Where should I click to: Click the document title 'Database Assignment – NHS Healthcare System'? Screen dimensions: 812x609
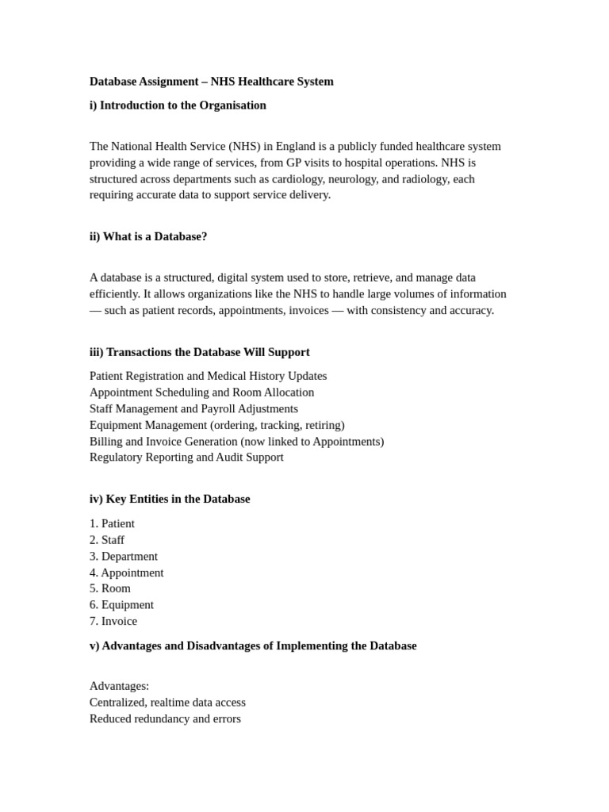coord(211,82)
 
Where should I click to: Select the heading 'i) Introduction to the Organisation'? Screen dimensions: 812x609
coord(178,105)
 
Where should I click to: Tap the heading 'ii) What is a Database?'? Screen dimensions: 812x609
coord(148,236)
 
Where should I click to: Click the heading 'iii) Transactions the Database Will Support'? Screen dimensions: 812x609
coord(199,352)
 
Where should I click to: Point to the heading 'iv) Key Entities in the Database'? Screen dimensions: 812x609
coord(170,499)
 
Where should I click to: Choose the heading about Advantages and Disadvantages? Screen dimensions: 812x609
coord(253,645)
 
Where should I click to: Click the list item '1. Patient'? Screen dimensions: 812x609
coord(112,523)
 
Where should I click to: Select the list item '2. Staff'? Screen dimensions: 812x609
coord(107,540)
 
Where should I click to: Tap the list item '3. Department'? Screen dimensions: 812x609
coord(124,557)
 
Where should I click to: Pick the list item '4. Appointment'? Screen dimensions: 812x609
coord(127,573)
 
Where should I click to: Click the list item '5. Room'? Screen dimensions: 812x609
coord(110,588)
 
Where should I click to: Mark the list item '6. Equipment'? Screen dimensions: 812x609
coord(121,605)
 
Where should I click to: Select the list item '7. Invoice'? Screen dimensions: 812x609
coord(113,621)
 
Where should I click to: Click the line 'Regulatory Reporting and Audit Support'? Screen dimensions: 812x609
coord(186,458)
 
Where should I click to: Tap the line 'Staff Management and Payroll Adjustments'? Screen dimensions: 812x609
coord(193,408)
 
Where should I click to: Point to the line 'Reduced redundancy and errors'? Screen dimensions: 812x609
coord(165,718)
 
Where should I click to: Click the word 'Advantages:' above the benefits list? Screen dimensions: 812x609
coord(119,686)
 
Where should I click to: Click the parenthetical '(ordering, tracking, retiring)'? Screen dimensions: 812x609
coord(278,425)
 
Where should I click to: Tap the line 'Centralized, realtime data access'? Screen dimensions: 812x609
coord(167,703)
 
